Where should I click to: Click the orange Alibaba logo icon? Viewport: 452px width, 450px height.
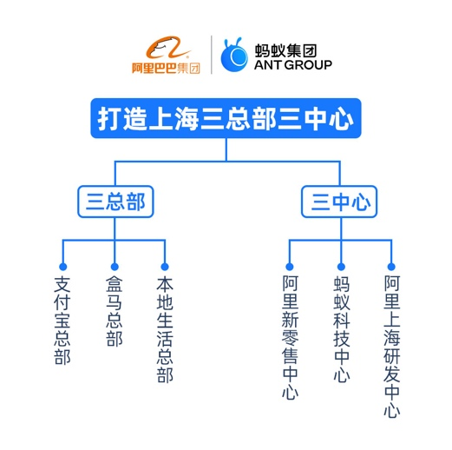point(165,48)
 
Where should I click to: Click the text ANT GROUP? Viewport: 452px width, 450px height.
point(292,64)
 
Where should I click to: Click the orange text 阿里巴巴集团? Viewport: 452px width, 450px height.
point(165,68)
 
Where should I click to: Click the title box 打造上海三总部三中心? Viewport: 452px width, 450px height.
point(225,119)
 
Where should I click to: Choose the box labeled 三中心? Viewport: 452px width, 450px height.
point(340,202)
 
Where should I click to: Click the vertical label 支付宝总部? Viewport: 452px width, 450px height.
point(62,320)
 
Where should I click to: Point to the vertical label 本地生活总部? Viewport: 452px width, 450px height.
point(164,329)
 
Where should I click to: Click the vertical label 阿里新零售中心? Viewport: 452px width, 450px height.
point(290,337)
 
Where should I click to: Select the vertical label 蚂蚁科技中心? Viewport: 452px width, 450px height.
point(341,329)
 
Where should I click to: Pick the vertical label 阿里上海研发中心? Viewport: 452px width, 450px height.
point(391,346)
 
